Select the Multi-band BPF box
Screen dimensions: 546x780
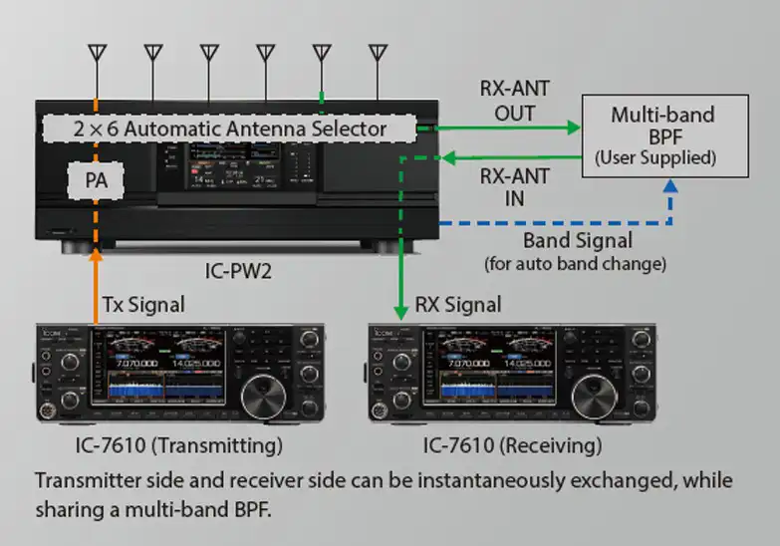[661, 136]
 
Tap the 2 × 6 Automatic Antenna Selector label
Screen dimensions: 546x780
[229, 129]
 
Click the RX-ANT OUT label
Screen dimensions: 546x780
[514, 102]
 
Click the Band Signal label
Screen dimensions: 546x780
[577, 242]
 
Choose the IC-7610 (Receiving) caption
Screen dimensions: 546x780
[513, 444]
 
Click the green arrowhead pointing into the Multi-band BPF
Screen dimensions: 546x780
[573, 128]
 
